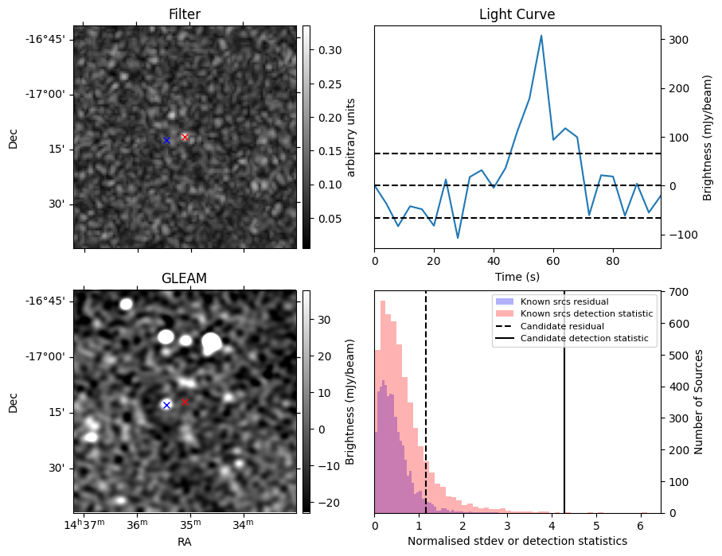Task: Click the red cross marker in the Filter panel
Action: tap(185, 137)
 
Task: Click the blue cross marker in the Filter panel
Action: tap(166, 140)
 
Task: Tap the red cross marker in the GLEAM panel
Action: tap(185, 402)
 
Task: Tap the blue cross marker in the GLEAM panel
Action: tap(166, 405)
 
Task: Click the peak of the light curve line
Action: tap(541, 36)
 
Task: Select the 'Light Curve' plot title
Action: tap(517, 14)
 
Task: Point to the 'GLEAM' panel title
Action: tap(184, 278)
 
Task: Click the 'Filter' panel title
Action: tap(184, 14)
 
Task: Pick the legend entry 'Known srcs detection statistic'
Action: tap(587, 313)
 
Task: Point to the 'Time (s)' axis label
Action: tap(517, 276)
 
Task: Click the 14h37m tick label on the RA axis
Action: tap(85, 523)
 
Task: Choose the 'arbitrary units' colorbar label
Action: tap(350, 137)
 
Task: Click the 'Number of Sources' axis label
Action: tap(700, 402)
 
